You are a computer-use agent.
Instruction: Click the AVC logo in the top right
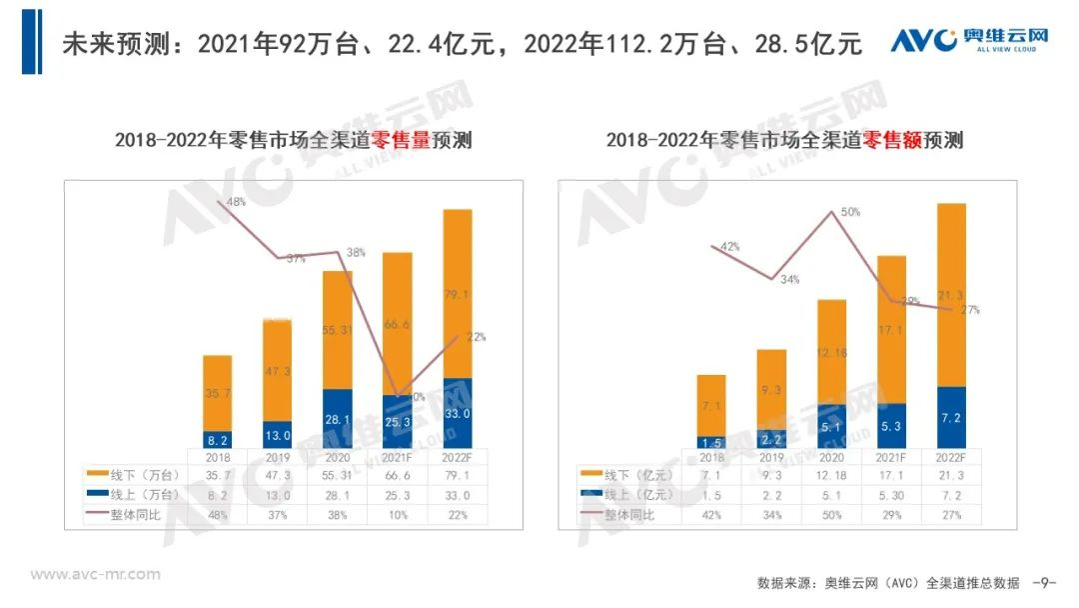(x=968, y=40)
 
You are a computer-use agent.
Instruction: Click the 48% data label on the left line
(x=237, y=202)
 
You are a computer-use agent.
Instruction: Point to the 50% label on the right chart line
(x=850, y=212)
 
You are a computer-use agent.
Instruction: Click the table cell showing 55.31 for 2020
(x=338, y=474)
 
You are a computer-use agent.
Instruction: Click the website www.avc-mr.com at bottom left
(x=95, y=575)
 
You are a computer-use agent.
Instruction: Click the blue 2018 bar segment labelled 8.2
(x=218, y=438)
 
